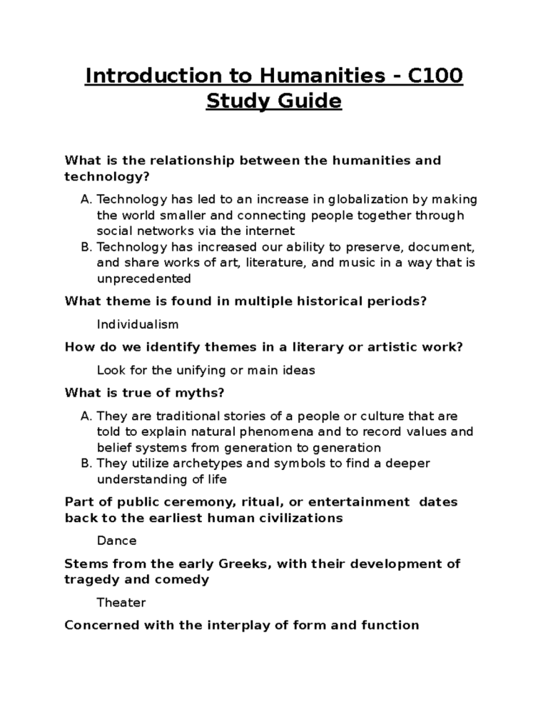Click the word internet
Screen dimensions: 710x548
(x=268, y=231)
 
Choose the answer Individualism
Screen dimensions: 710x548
(x=138, y=324)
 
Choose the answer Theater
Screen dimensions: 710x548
(x=121, y=602)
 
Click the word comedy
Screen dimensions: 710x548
(x=185, y=579)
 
